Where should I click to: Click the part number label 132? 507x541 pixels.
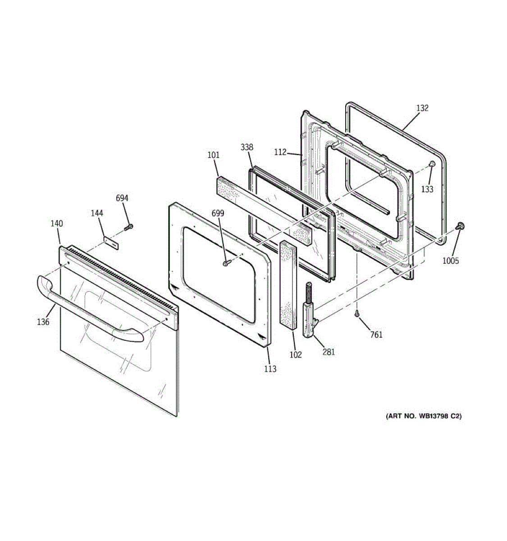[x=422, y=108]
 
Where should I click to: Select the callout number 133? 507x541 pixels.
[x=427, y=189]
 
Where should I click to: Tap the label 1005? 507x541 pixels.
[x=450, y=261]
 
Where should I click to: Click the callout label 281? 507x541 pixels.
[x=329, y=352]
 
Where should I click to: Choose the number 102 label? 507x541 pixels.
[x=295, y=354]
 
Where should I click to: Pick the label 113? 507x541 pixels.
[x=270, y=369]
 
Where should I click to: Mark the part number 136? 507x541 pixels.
[x=43, y=322]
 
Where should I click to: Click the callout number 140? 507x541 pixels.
[x=57, y=224]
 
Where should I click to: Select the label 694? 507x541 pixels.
[x=122, y=198]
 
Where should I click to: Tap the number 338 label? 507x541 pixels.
[x=247, y=147]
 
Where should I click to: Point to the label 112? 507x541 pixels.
[x=280, y=152]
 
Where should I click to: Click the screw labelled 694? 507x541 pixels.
[x=128, y=227]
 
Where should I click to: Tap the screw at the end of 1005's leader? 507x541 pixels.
[x=460, y=226]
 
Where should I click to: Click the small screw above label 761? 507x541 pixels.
[x=356, y=314]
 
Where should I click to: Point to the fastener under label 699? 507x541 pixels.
[x=226, y=263]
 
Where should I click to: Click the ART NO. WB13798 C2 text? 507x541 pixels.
[x=423, y=416]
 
